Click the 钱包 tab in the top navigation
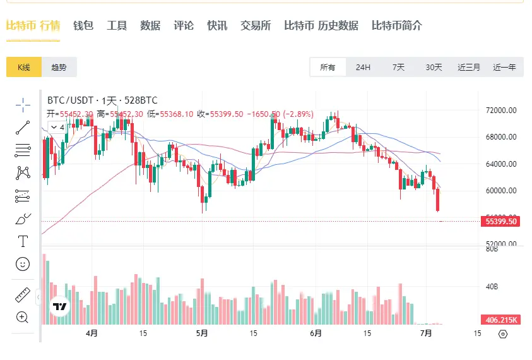pyautogui.click(x=83, y=26)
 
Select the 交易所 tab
pyautogui.click(x=256, y=26)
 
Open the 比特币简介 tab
pyautogui.click(x=397, y=26)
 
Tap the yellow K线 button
pyautogui.click(x=24, y=68)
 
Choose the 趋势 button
pyautogui.click(x=59, y=68)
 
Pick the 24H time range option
pyautogui.click(x=363, y=68)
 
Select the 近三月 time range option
pyautogui.click(x=469, y=68)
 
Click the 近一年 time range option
pyautogui.click(x=504, y=68)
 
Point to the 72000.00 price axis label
pyautogui.click(x=502, y=111)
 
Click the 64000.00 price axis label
pyautogui.click(x=502, y=164)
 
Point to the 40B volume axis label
pyautogui.click(x=493, y=287)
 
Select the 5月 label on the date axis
pyautogui.click(x=202, y=333)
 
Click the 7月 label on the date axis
pyautogui.click(x=426, y=333)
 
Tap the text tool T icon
pyautogui.click(x=23, y=241)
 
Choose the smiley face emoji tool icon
pyautogui.click(x=23, y=264)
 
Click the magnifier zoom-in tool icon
pyautogui.click(x=23, y=317)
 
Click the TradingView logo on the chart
pyautogui.click(x=60, y=306)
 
